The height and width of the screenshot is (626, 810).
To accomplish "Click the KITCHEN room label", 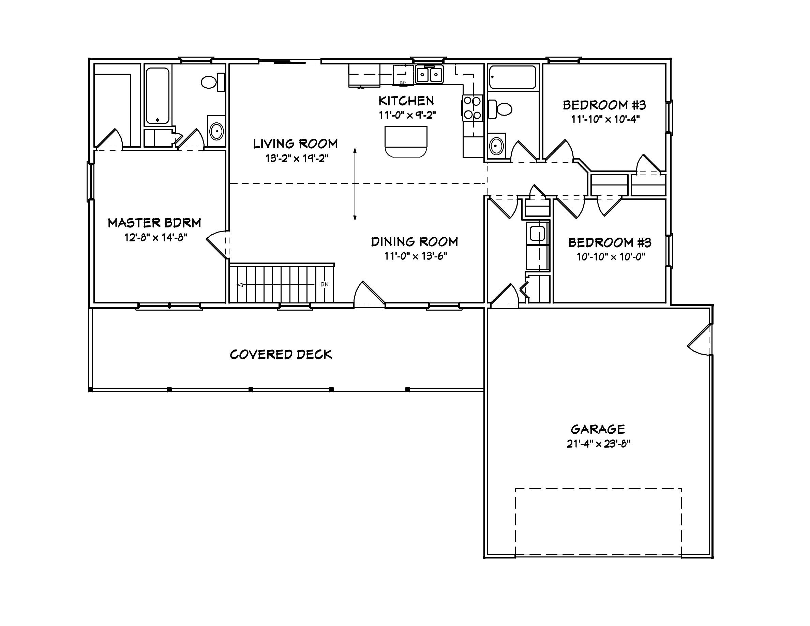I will [x=406, y=101].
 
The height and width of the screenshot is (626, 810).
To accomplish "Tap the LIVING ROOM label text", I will [x=295, y=144].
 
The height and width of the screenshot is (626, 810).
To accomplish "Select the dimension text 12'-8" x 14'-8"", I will [x=155, y=237].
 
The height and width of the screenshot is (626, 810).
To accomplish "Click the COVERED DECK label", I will [x=281, y=355].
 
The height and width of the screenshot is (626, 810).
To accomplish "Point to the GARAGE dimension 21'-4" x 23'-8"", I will [x=598, y=444].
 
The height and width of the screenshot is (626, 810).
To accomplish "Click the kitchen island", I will [x=406, y=141].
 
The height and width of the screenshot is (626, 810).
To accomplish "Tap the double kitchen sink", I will [x=429, y=75].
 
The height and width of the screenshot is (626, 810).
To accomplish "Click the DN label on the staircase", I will [x=324, y=284].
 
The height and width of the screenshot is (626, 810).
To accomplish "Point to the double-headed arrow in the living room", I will [x=355, y=184].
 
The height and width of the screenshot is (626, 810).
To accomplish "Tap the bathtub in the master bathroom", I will [x=157, y=95].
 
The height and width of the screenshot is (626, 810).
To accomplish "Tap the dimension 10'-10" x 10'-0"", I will [x=611, y=257].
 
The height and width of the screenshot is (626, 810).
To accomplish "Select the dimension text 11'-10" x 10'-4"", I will [x=605, y=119].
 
